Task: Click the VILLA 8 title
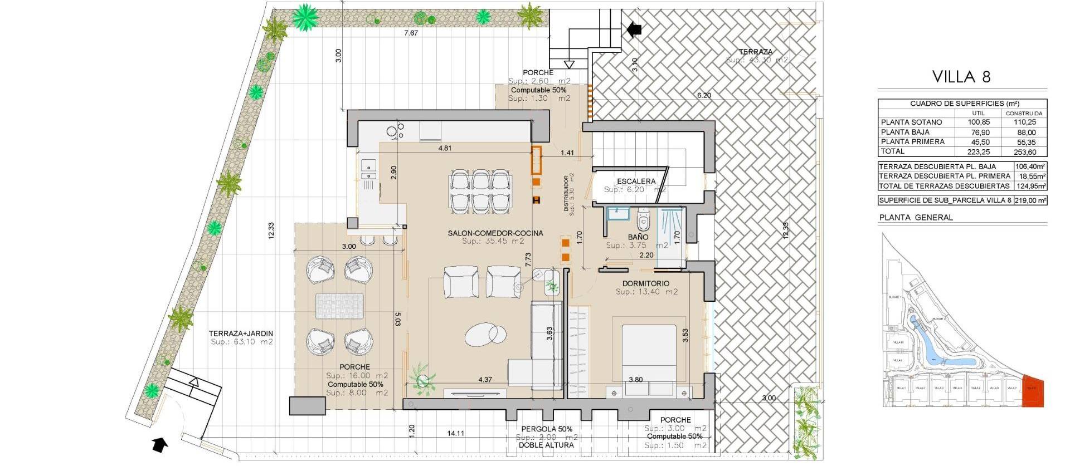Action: (962, 76)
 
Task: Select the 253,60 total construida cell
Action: (1024, 151)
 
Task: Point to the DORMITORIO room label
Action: (646, 283)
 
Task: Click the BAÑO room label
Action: (638, 237)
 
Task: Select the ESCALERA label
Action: (636, 182)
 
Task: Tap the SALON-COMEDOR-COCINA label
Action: (495, 233)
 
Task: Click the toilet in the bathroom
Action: (644, 220)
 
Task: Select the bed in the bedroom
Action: (649, 356)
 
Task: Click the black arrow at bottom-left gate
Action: (160, 444)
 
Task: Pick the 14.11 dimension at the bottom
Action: (455, 433)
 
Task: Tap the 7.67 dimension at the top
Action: (411, 33)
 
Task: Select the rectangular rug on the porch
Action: (340, 306)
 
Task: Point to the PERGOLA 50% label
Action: (547, 429)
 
